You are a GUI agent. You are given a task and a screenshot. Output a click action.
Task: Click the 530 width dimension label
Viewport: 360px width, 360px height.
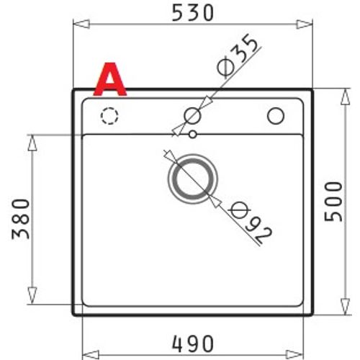coord(193,13)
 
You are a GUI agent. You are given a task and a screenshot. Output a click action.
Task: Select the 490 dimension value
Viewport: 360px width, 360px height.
coord(193,343)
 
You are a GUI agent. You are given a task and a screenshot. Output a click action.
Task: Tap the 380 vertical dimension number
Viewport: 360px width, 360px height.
coord(21,219)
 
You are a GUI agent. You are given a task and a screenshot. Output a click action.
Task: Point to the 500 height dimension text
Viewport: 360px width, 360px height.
coord(333,201)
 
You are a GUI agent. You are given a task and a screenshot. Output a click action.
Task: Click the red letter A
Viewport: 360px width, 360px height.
coord(110,79)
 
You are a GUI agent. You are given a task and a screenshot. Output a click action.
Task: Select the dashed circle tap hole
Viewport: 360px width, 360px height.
coord(109,116)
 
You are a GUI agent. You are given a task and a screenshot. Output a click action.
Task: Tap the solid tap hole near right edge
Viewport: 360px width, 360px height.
coord(276,116)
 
